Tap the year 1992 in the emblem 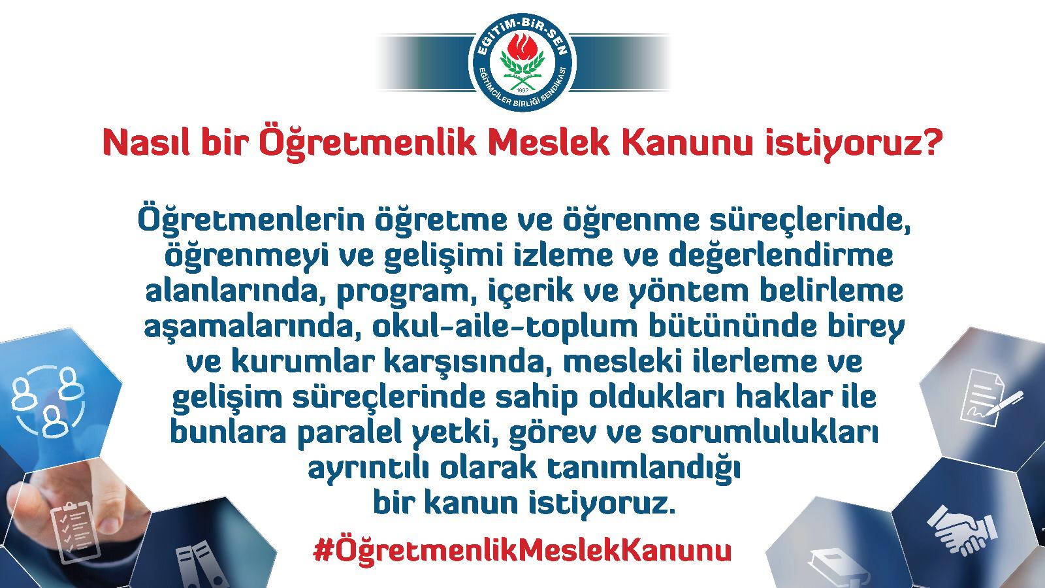click(x=522, y=89)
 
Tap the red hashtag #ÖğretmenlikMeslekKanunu click(x=522, y=551)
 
